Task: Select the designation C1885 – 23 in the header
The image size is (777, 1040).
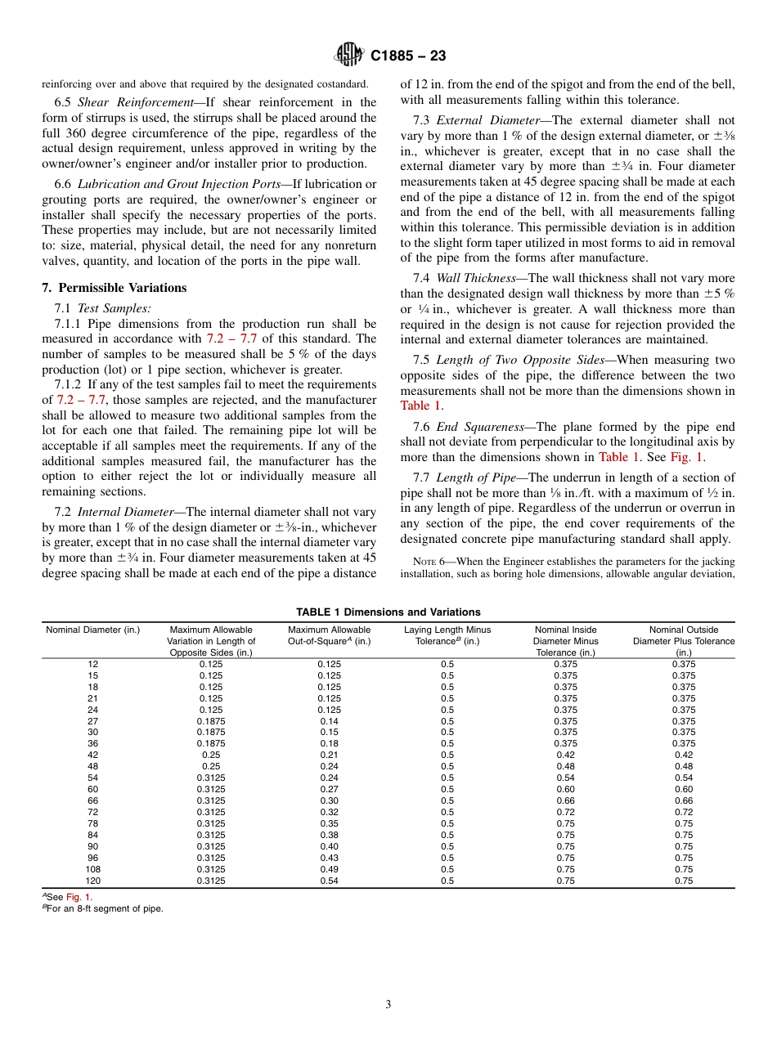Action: tap(408, 56)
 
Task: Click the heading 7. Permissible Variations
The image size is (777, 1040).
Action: tap(114, 288)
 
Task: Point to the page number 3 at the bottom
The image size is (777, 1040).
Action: tap(388, 1005)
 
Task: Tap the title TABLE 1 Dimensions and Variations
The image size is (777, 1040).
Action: tap(388, 612)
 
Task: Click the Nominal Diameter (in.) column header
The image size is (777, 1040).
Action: tap(92, 630)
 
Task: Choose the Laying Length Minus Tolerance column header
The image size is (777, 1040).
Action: tap(447, 635)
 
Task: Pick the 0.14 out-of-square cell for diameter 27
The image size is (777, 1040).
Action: tap(329, 721)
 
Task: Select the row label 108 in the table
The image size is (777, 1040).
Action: tap(92, 869)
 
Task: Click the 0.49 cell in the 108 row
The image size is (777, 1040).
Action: tap(329, 869)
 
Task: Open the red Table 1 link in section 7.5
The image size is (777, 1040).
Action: tap(420, 406)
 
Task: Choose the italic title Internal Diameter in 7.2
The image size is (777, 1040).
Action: tap(132, 512)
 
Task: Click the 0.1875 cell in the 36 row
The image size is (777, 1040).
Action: tap(212, 744)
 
